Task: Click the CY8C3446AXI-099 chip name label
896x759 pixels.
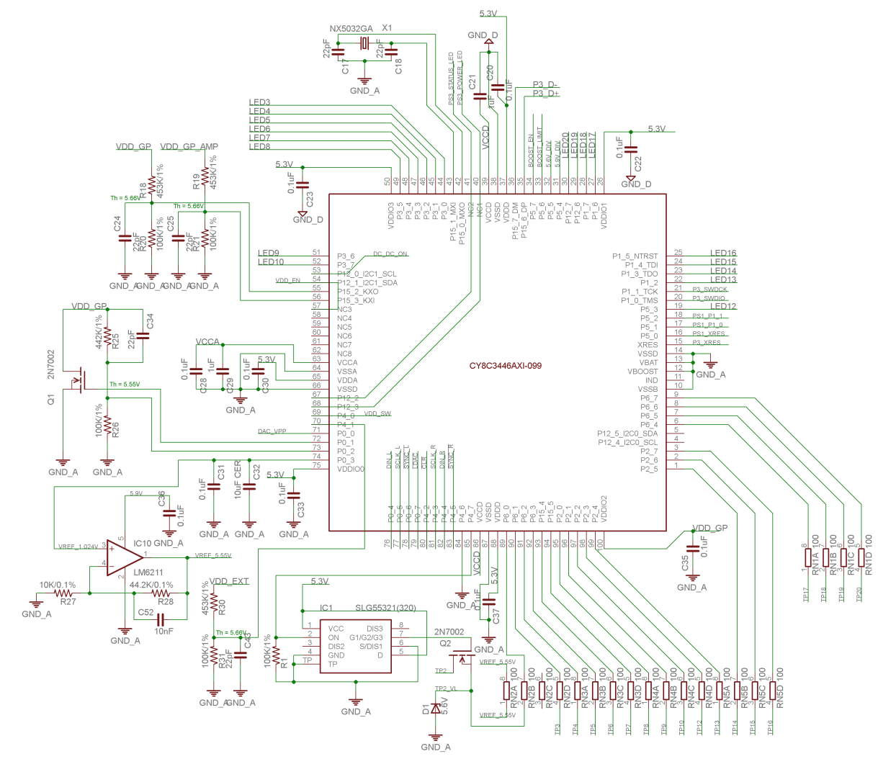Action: (505, 366)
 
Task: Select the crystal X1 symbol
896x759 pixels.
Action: (364, 44)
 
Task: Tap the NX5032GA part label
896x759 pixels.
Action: (351, 29)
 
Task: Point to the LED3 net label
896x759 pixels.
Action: (259, 103)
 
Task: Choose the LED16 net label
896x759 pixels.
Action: (723, 253)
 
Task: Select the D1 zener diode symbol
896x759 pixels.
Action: (435, 709)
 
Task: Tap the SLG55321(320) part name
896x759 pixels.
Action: (385, 608)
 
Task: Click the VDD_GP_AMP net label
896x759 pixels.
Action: (189, 147)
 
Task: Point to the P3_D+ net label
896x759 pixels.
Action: (546, 94)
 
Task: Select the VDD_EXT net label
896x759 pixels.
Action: (229, 581)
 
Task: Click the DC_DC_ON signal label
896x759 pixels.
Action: (390, 254)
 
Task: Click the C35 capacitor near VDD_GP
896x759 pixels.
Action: (693, 549)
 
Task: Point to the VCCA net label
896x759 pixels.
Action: (207, 342)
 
